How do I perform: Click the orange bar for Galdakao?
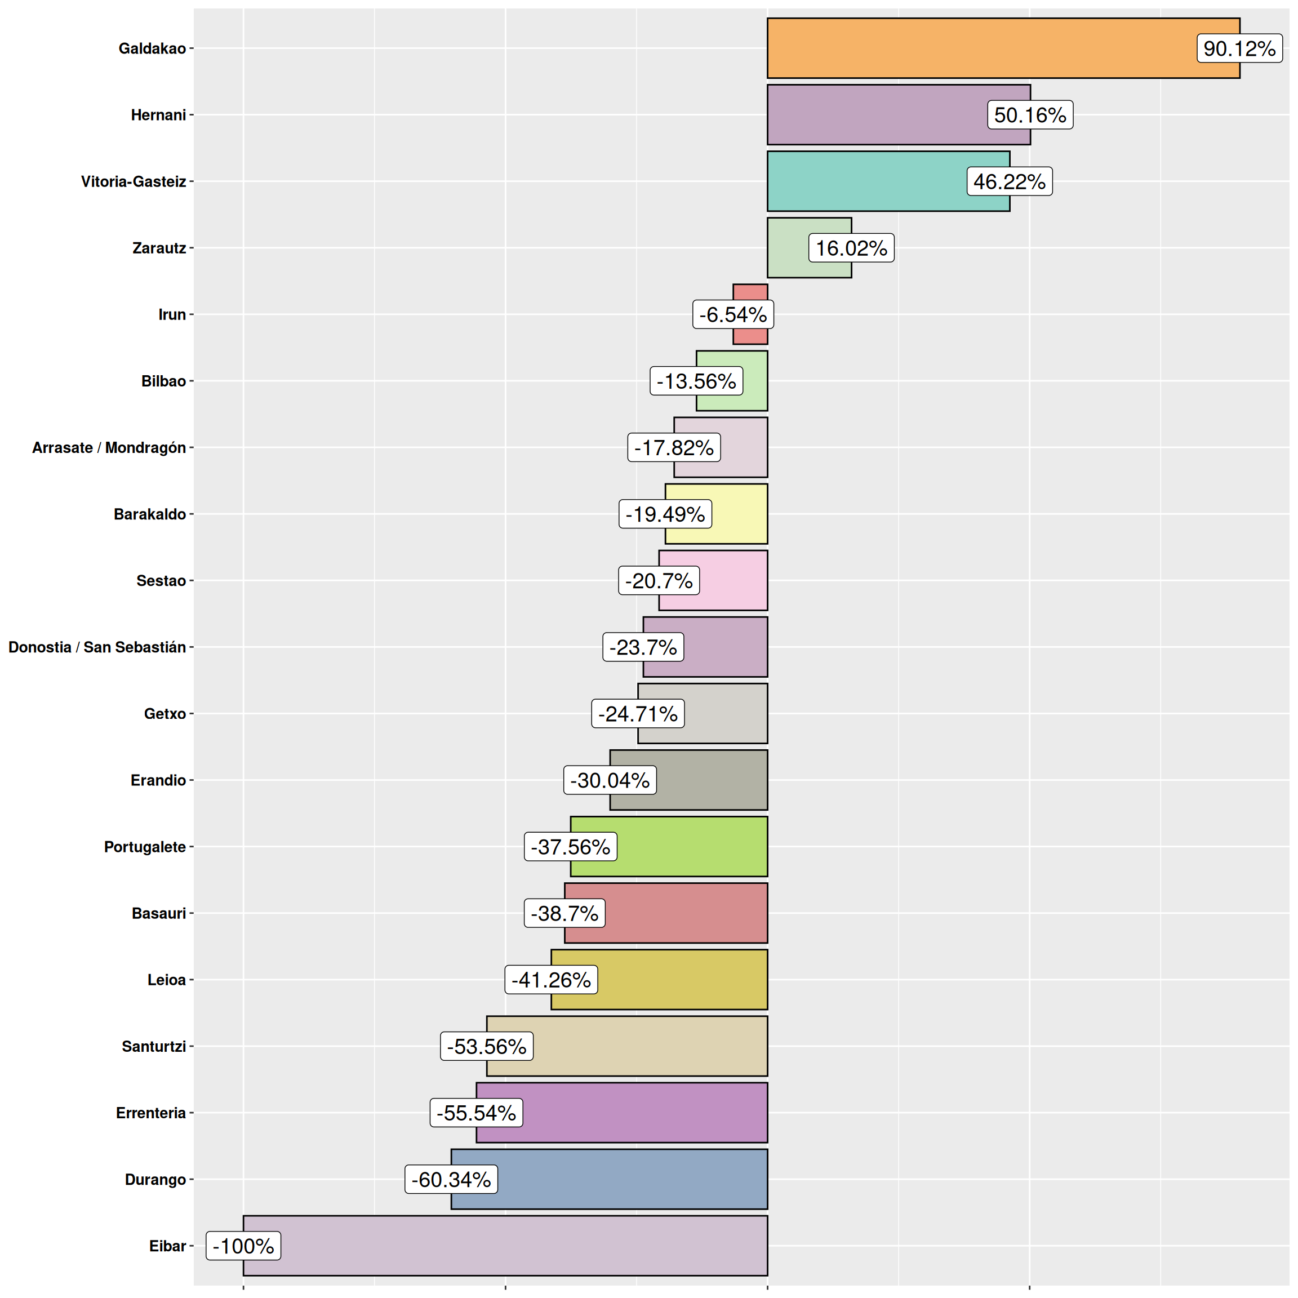coord(974,48)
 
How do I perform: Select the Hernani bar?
coord(873,115)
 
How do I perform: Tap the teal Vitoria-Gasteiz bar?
coord(866,181)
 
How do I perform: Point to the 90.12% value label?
coord(1239,48)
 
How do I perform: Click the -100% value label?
coord(243,1246)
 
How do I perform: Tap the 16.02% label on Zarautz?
coord(851,248)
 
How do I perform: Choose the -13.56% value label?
coord(696,381)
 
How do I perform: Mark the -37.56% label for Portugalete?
coord(570,847)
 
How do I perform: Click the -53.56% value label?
coord(486,1046)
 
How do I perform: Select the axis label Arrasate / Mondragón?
coord(109,447)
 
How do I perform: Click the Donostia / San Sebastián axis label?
coord(97,647)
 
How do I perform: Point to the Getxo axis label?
coord(165,713)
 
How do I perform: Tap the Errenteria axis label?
coord(150,1113)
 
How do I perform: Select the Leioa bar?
coord(678,980)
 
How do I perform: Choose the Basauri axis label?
coord(158,913)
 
